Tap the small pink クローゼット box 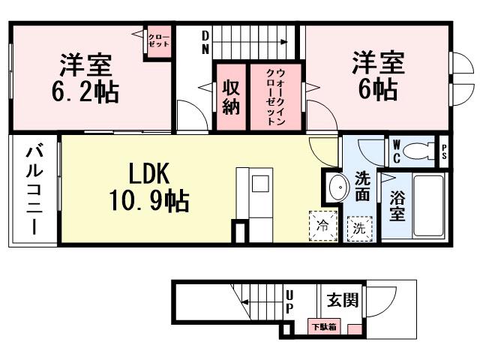(x=157, y=40)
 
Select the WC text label (x=396, y=152)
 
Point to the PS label (x=444, y=152)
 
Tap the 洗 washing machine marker (x=359, y=227)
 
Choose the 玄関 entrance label (x=342, y=300)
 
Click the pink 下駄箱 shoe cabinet (x=325, y=326)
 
